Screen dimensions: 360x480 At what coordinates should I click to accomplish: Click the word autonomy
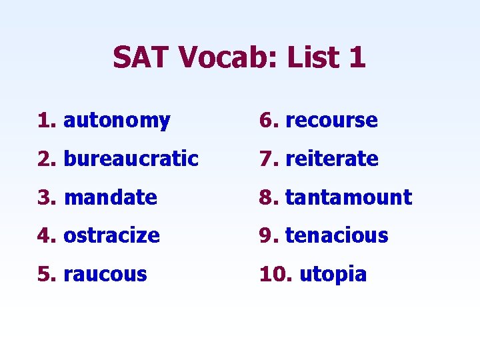point(117,121)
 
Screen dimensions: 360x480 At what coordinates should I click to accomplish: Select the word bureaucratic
point(131,159)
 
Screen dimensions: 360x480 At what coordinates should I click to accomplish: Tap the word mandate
point(111,197)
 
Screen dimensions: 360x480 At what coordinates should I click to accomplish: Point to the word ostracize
point(112,235)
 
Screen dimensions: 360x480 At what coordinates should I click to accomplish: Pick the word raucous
point(105,274)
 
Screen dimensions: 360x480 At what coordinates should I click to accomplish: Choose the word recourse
point(331,121)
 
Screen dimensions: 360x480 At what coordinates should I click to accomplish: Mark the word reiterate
point(332,159)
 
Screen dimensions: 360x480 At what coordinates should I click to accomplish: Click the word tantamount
point(349,197)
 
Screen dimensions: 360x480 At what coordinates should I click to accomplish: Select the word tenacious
point(337,235)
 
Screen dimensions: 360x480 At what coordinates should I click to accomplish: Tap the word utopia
point(333,274)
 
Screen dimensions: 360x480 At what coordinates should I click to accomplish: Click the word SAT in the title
point(141,57)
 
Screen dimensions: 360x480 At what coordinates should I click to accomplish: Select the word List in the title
point(313,57)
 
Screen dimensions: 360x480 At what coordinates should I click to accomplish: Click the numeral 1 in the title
point(357,57)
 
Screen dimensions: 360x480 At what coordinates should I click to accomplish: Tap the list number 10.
point(274,274)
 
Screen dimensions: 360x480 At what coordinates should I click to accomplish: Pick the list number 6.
point(267,121)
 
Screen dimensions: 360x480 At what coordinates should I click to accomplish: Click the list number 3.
point(46,197)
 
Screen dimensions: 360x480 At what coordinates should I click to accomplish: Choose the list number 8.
point(267,197)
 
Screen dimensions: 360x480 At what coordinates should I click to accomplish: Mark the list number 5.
point(46,274)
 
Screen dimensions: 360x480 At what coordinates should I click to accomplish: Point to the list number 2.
point(46,159)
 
